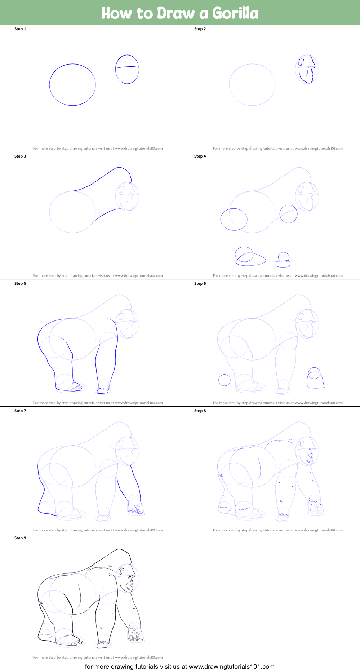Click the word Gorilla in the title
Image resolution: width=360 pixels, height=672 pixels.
[x=235, y=13]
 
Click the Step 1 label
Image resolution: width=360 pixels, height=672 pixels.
[x=20, y=29]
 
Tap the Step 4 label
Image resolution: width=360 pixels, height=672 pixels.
[x=200, y=156]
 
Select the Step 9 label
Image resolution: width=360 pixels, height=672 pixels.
[x=20, y=538]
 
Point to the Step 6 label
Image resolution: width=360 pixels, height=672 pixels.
[x=200, y=283]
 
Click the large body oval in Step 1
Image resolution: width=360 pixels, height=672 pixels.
[x=49, y=85]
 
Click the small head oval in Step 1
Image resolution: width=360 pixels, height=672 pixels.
[x=116, y=69]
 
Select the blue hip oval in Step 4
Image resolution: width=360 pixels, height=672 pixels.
[x=221, y=219]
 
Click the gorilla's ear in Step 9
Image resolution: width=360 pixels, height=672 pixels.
[x=121, y=571]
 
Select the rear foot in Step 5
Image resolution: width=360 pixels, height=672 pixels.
[x=68, y=387]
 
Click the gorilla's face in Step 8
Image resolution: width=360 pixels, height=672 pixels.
[x=310, y=456]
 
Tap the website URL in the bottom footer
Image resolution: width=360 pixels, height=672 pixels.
[x=232, y=667]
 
